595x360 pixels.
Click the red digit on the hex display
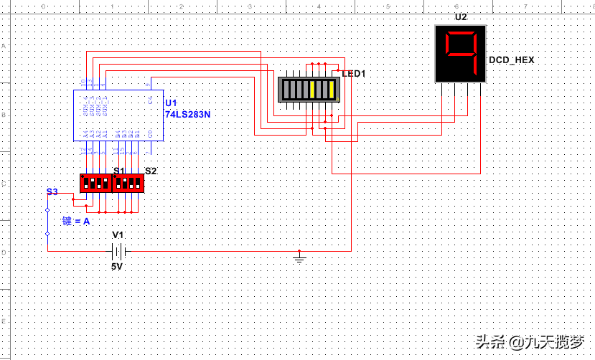tap(461, 54)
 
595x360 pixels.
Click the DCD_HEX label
tap(511, 60)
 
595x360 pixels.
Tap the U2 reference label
tap(461, 16)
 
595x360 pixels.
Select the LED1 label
tap(354, 73)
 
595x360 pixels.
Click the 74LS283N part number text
tap(189, 114)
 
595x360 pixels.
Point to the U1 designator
tap(170, 103)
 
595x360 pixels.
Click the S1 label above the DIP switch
tap(119, 171)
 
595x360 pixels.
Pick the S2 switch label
tap(151, 171)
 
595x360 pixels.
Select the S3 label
tap(52, 191)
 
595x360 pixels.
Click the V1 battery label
tap(118, 235)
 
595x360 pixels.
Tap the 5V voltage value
tap(117, 266)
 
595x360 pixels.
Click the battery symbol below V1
tap(119, 251)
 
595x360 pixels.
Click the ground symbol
tap(300, 256)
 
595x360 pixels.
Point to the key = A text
tap(75, 222)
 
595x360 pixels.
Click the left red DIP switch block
tap(95, 183)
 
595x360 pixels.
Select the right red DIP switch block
tap(129, 183)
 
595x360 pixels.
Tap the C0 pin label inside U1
tap(150, 133)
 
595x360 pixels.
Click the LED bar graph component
tap(307, 90)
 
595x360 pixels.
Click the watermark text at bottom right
tap(531, 342)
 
